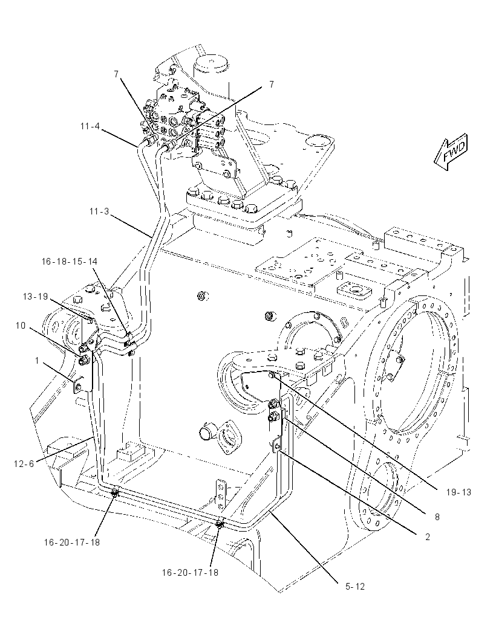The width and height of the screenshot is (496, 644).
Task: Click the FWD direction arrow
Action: (451, 152)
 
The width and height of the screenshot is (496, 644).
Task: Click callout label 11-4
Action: (90, 126)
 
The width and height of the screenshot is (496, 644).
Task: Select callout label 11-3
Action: (99, 211)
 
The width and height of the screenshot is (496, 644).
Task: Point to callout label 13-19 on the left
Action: (35, 297)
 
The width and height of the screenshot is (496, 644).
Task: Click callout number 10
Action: (21, 326)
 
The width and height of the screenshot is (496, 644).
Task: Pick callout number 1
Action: (37, 361)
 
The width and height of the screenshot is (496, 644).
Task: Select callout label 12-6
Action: (24, 464)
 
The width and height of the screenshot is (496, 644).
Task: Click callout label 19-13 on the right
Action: (458, 492)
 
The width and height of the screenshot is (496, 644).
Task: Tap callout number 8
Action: (437, 517)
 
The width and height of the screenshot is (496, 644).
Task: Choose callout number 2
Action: (428, 537)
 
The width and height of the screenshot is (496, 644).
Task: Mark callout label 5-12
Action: (355, 587)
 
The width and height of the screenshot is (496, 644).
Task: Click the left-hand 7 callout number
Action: (116, 74)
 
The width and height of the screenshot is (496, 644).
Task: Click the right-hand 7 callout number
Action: (272, 85)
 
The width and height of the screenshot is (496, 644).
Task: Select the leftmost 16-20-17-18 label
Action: (72, 542)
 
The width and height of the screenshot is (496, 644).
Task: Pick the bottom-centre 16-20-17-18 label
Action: (190, 572)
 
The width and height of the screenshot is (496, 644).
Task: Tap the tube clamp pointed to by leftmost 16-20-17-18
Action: (115, 492)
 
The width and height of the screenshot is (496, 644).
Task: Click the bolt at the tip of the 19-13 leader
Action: (272, 375)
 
